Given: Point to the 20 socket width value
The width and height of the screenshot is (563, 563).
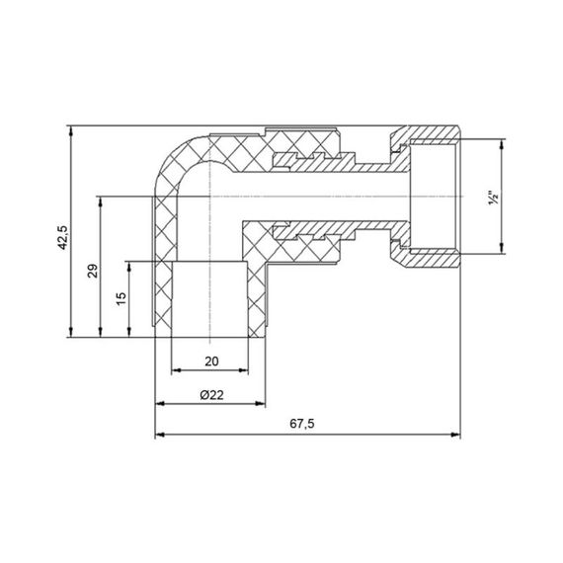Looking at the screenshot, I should point(209,362).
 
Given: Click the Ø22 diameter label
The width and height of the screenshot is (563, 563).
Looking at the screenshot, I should point(209,394).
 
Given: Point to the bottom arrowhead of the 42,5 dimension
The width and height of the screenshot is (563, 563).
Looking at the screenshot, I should point(71,331).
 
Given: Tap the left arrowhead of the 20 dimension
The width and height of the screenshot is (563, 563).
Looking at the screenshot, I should point(176,370).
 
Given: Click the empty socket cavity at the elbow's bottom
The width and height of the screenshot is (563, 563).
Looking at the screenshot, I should point(208,296).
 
